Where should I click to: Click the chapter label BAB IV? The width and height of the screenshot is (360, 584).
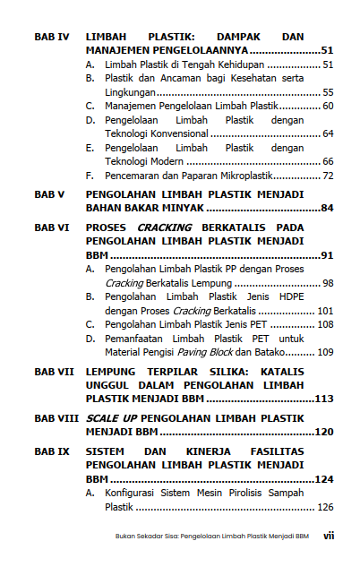click(51, 38)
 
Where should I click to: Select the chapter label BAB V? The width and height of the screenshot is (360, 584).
click(48, 193)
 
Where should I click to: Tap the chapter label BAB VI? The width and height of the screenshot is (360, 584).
click(51, 228)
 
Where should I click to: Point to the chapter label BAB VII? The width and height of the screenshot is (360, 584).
click(54, 370)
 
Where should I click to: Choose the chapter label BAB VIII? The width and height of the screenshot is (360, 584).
click(56, 418)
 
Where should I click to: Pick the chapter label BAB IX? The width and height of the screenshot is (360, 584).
click(51, 452)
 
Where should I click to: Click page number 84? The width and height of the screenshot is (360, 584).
click(326, 208)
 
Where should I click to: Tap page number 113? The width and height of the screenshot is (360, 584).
click(323, 398)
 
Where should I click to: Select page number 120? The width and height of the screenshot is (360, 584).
click(323, 432)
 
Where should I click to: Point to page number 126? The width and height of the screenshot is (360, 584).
click(325, 507)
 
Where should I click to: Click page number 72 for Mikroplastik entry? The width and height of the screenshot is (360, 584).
click(328, 176)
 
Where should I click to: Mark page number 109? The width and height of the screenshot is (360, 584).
click(324, 352)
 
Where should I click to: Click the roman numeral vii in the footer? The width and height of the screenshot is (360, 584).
click(329, 537)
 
